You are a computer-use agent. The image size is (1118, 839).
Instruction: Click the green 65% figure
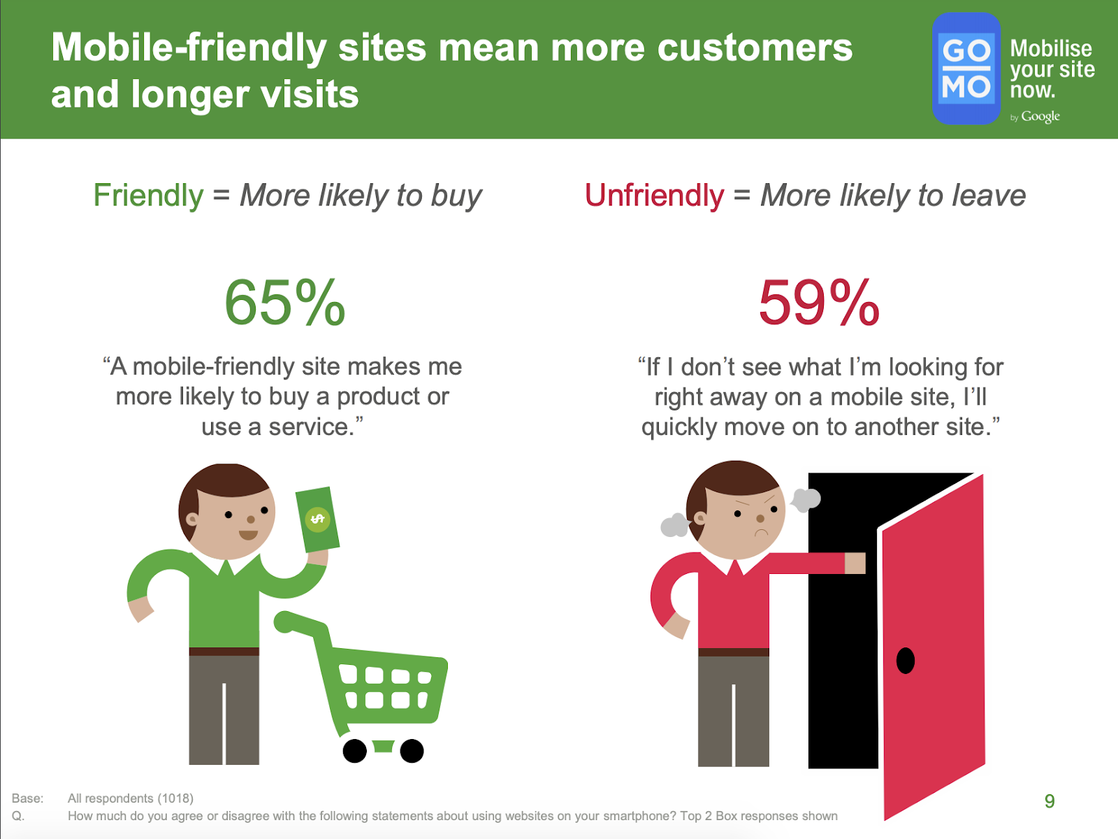pos(284,303)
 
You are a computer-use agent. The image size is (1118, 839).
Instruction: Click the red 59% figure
pos(819,303)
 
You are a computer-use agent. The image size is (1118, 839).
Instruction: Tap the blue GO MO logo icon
pos(966,69)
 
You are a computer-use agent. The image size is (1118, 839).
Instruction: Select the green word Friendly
pos(148,195)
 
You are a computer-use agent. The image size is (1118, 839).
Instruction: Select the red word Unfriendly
pos(655,195)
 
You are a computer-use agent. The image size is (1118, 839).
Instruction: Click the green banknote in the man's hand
pos(318,519)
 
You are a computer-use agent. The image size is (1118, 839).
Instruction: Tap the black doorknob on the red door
pos(905,661)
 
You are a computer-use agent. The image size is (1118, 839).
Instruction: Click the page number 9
pos(1050,801)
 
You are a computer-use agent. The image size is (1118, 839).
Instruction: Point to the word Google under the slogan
pos(1040,117)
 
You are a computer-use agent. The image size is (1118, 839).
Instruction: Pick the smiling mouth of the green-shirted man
pos(249,535)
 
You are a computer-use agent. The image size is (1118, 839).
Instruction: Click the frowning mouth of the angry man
pos(761,532)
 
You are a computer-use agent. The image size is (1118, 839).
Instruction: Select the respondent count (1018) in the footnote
pos(175,798)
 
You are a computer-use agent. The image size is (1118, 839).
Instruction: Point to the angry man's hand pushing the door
pos(855,564)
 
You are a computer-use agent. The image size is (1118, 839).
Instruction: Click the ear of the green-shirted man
pos(192,519)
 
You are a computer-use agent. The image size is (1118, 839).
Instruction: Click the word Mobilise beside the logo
pos(1051,49)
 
